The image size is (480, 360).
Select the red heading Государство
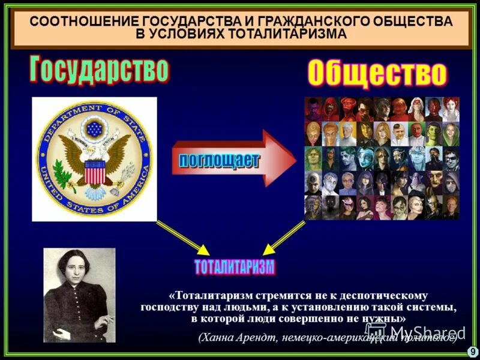click(x=98, y=69)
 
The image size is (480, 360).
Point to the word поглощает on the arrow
click(x=220, y=160)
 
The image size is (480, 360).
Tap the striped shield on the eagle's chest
click(x=94, y=172)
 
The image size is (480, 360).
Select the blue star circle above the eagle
click(x=94, y=128)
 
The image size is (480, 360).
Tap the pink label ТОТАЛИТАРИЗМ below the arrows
click(x=235, y=266)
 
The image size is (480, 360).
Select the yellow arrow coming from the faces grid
click(x=286, y=236)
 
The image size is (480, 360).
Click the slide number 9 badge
click(x=472, y=352)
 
